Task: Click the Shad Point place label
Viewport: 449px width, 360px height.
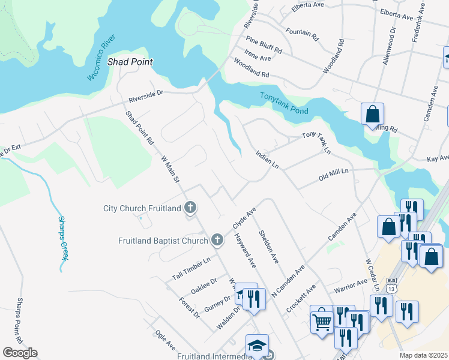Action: pos(130,62)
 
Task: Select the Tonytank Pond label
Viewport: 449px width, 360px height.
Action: pos(284,104)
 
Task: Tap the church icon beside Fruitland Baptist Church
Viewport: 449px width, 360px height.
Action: pos(218,241)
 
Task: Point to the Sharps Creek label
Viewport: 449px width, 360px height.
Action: pos(62,237)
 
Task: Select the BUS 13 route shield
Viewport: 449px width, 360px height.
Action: pos(393,282)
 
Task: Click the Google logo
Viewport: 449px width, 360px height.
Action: pos(20,353)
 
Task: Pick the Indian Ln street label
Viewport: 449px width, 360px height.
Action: pos(267,159)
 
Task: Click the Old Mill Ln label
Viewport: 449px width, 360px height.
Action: pos(334,176)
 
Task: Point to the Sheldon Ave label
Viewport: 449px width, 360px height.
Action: pos(269,247)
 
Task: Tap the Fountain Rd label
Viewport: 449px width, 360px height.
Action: pos(302,32)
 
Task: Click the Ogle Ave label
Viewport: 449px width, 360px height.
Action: pos(165,342)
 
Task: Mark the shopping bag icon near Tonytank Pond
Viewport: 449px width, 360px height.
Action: pos(372,114)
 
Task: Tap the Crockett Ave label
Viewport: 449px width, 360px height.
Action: pos(302,298)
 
